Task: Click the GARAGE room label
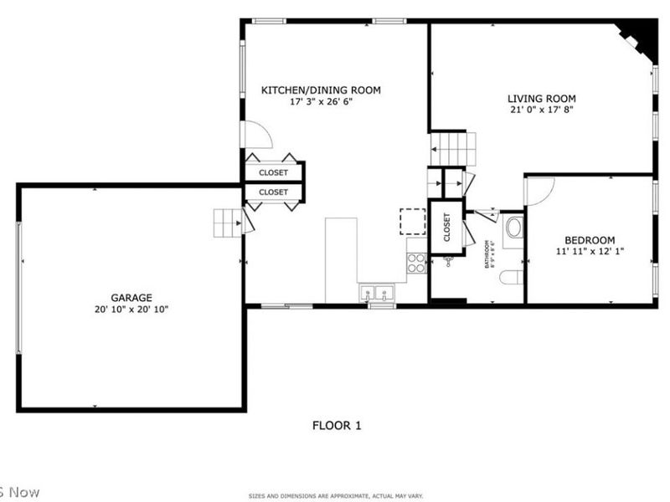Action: pos(131,297)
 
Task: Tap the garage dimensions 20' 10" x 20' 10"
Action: pos(131,310)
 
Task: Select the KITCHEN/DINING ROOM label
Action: pos(321,90)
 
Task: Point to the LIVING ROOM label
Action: pos(542,98)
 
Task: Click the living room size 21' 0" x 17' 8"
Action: pos(542,110)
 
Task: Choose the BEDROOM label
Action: pos(590,239)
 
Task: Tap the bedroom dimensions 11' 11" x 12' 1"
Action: pos(590,251)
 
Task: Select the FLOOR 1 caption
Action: pos(337,425)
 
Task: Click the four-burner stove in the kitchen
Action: pos(416,263)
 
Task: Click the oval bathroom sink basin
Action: pos(514,228)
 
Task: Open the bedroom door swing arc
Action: pos(536,190)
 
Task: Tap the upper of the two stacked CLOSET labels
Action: pos(273,172)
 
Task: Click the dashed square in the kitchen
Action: pos(412,221)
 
